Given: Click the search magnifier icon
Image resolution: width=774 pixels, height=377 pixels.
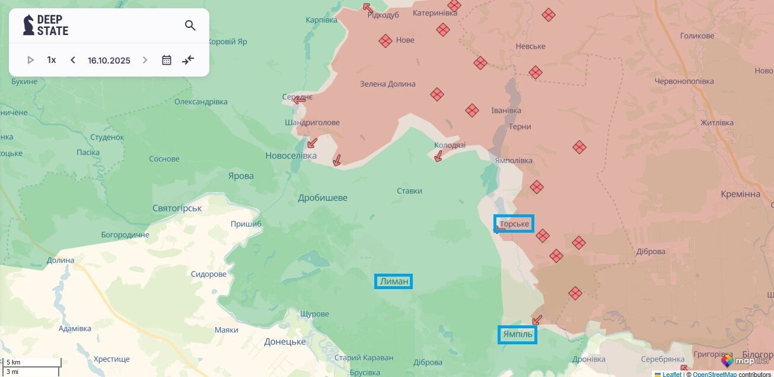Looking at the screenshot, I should [190, 26].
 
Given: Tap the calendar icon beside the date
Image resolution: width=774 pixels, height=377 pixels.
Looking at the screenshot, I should [167, 60].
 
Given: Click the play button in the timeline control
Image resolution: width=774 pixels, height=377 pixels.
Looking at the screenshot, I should [31, 60].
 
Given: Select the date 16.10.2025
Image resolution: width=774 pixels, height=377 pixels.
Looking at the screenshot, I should [109, 60].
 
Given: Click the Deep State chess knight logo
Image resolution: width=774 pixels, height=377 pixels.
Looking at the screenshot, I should [28, 25].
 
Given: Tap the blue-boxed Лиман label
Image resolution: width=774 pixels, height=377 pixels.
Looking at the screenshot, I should [394, 281].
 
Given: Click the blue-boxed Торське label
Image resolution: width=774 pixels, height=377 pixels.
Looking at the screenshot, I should [514, 224].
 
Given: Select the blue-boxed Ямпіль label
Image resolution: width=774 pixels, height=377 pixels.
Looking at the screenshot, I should [518, 335].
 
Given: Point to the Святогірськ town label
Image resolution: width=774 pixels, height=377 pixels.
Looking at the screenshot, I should [177, 208].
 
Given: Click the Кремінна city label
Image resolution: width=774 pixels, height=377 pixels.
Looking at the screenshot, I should [740, 194].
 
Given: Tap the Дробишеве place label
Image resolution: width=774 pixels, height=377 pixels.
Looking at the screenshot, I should [323, 198].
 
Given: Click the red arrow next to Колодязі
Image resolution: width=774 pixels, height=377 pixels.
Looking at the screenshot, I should [438, 156].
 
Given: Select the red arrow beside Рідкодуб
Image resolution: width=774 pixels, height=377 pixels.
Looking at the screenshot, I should [368, 8].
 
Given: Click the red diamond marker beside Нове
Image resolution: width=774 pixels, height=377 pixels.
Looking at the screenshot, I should [386, 40].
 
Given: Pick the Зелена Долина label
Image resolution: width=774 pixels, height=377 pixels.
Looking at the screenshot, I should [388, 84].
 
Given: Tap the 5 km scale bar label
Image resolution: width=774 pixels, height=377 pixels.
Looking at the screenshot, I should [14, 362].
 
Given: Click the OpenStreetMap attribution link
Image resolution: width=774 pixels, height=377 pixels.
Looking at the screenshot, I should [715, 374].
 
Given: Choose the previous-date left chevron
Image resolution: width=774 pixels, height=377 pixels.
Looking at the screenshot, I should [73, 60].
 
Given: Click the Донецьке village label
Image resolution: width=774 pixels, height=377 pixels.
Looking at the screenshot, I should [285, 341].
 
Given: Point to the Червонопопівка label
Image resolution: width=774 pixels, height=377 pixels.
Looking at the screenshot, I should [684, 81].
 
